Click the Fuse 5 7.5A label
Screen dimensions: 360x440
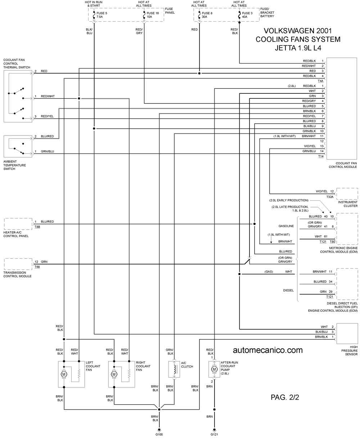tap(102, 15)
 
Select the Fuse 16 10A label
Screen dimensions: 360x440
tap(153, 15)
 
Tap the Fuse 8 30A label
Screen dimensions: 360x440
tap(207, 15)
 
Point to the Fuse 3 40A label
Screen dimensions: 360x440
tap(247, 15)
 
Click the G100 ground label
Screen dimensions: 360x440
tap(159, 434)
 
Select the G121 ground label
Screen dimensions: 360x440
tap(214, 434)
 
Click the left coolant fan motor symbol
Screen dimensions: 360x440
tap(64, 374)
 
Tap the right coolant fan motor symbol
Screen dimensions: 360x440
tap(114, 374)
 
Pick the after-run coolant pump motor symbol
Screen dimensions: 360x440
tap(214, 369)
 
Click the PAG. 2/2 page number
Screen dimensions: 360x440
tap(285, 397)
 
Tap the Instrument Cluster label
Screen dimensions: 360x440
tap(348, 204)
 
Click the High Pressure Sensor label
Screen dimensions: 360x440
tap(349, 351)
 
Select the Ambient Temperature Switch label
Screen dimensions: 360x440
tap(15, 165)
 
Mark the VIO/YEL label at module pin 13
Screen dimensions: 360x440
tap(310, 146)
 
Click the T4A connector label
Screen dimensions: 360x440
tap(321, 81)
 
